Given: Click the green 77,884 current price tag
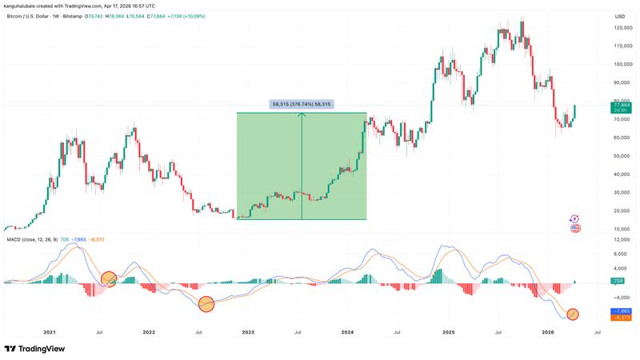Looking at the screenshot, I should click(x=621, y=105).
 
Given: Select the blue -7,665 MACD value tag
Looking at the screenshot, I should click(x=621, y=310).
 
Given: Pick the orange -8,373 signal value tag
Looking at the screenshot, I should click(x=621, y=318).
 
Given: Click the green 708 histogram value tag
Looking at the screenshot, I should click(x=617, y=282).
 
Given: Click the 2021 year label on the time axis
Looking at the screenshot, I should click(x=50, y=331).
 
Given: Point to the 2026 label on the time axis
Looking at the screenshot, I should click(x=548, y=331).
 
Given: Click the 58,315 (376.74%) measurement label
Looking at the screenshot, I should click(x=302, y=104).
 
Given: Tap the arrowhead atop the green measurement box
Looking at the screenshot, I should click(x=302, y=115).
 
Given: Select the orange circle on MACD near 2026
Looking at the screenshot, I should click(x=573, y=314).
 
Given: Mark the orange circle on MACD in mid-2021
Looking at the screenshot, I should click(x=109, y=279).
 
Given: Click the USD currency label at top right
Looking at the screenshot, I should click(x=619, y=16).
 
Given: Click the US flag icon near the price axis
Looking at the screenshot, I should click(x=574, y=229).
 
